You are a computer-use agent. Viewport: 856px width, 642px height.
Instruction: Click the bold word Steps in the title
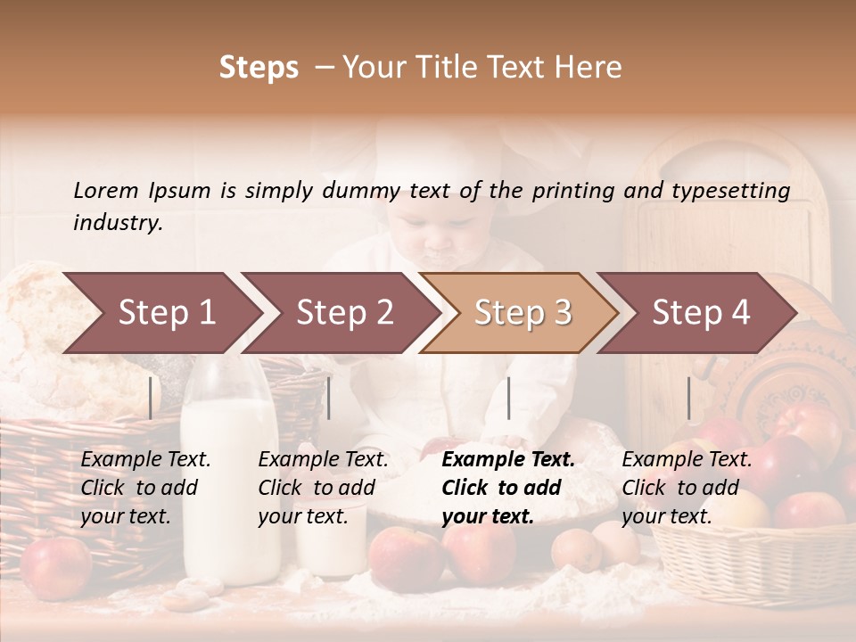click(259, 68)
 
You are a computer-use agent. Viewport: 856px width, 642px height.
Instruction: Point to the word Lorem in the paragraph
click(105, 190)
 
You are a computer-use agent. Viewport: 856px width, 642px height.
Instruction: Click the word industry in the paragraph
click(117, 222)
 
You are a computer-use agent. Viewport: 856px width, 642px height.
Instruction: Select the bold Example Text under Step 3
click(508, 460)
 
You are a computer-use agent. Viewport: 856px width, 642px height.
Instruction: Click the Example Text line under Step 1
click(145, 460)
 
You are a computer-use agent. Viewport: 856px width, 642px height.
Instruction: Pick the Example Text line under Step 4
click(687, 460)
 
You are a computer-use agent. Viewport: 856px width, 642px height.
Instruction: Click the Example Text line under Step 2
click(323, 460)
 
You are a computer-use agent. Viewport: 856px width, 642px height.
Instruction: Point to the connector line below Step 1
click(151, 398)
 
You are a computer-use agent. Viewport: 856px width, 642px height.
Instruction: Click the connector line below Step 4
click(688, 398)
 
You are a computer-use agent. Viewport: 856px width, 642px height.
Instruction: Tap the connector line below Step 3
click(508, 398)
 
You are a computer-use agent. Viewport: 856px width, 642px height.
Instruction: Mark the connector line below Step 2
click(329, 398)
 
